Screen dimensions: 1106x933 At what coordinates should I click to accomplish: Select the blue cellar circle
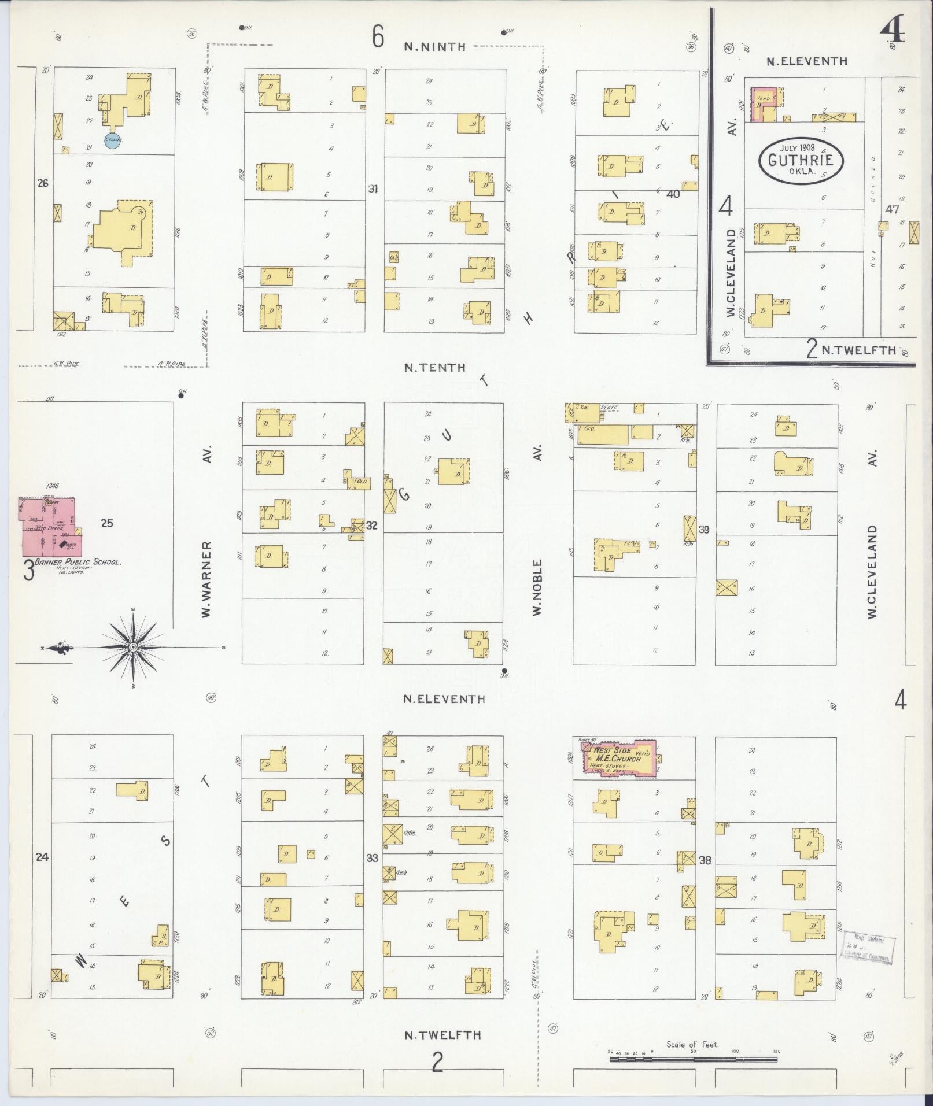(112, 140)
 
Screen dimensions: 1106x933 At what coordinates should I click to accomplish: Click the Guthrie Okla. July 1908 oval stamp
(801, 160)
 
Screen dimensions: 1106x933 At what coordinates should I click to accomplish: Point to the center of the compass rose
(132, 647)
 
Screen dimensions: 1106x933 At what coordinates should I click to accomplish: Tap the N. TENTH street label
(435, 368)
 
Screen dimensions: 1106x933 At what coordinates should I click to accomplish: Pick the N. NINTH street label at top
(435, 47)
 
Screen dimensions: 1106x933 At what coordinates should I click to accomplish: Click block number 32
(372, 526)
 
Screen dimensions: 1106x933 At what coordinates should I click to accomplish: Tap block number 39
(704, 529)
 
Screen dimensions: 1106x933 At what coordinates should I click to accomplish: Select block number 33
(372, 858)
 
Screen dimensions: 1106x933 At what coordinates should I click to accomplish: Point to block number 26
(42, 183)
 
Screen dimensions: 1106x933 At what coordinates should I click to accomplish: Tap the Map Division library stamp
(868, 948)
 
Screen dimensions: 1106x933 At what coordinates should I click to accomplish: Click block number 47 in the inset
(893, 209)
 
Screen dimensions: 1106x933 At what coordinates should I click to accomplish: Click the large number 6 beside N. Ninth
(378, 38)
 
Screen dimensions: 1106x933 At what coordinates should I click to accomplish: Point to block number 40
(673, 194)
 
